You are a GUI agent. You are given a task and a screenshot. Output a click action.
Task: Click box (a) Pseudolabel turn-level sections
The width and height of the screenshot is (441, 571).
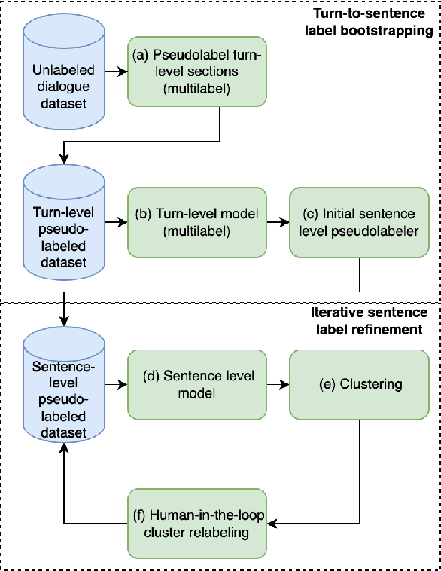197,72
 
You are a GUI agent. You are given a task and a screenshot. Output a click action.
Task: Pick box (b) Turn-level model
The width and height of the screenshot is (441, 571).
197,224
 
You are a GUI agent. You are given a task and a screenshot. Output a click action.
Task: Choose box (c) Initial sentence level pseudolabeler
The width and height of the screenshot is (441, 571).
359,224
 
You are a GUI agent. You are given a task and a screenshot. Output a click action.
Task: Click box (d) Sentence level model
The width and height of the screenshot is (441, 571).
197,383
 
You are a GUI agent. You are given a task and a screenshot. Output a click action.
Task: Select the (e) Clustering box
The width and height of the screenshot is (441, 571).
359,384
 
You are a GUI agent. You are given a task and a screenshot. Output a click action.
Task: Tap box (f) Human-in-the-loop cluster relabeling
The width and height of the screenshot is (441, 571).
197,524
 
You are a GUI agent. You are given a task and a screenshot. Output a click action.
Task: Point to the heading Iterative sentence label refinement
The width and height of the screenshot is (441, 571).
369,320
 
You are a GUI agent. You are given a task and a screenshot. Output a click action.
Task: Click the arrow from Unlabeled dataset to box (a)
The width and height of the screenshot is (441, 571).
116,72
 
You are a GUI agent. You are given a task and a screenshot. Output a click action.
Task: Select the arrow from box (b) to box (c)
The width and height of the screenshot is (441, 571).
278,224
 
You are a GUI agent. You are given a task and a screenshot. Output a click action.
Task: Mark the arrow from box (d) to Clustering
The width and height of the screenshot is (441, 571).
278,384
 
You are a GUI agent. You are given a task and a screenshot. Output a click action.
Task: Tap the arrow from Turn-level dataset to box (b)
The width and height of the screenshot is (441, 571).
116,224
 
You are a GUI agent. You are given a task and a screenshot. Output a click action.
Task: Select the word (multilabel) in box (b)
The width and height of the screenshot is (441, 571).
197,232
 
